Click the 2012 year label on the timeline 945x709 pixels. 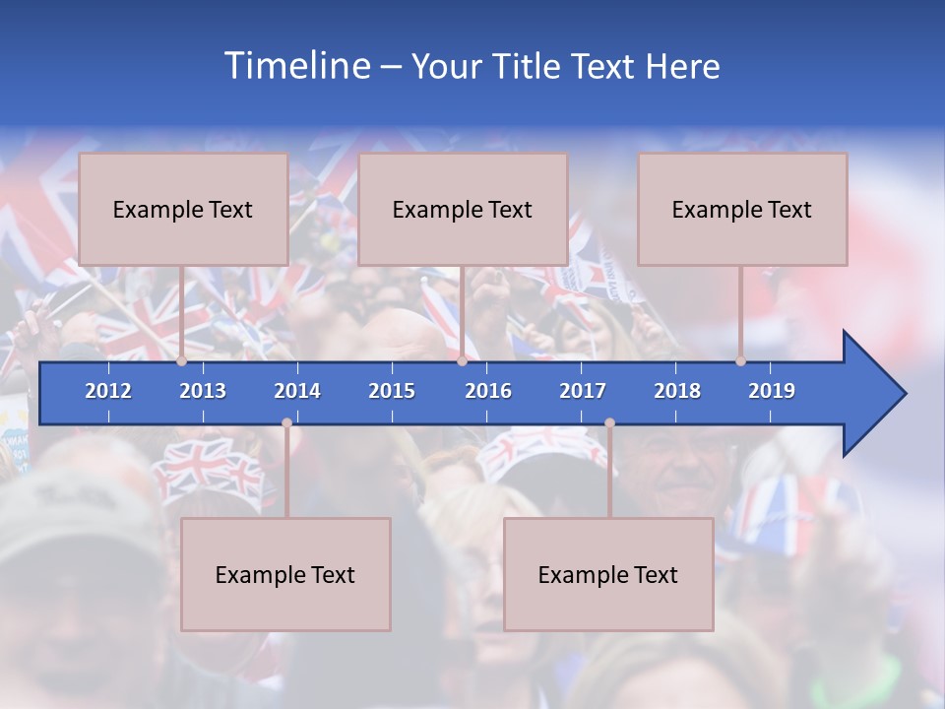click(x=108, y=391)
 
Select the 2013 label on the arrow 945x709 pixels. click(x=203, y=391)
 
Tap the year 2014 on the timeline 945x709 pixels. click(x=297, y=391)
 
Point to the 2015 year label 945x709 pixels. click(x=392, y=391)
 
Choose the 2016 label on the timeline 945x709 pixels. click(x=488, y=391)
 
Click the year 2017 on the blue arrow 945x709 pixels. click(x=583, y=391)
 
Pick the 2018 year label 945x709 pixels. click(x=677, y=391)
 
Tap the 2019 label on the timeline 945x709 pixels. click(x=772, y=391)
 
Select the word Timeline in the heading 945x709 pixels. click(x=296, y=66)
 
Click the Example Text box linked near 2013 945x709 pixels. click(x=183, y=209)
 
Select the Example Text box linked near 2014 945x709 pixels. click(x=285, y=574)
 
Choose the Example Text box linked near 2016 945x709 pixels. click(x=463, y=209)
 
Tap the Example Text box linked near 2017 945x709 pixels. click(x=608, y=574)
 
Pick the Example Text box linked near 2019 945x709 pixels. click(x=742, y=209)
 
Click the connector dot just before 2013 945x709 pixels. click(x=182, y=361)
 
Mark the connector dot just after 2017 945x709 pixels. click(x=609, y=423)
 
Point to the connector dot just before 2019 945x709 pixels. click(x=740, y=361)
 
